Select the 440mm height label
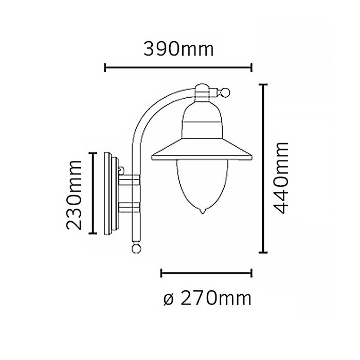(281, 177)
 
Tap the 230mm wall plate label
(74, 194)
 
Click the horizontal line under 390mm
(178, 67)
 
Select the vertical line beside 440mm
(264, 168)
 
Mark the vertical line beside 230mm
(93, 193)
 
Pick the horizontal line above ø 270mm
(206, 272)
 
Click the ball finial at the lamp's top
(225, 93)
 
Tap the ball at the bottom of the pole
(136, 248)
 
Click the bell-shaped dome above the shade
(203, 121)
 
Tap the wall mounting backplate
(111, 193)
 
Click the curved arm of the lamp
(149, 111)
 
